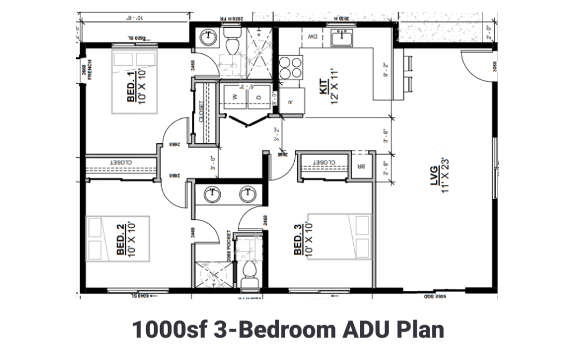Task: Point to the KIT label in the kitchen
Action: [x=324, y=90]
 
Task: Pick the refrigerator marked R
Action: [x=291, y=102]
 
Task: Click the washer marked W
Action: [x=234, y=97]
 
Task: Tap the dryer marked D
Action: [x=259, y=97]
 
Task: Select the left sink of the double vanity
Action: [x=212, y=194]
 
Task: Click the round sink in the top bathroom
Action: [x=209, y=38]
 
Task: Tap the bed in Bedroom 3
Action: [x=340, y=236]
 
